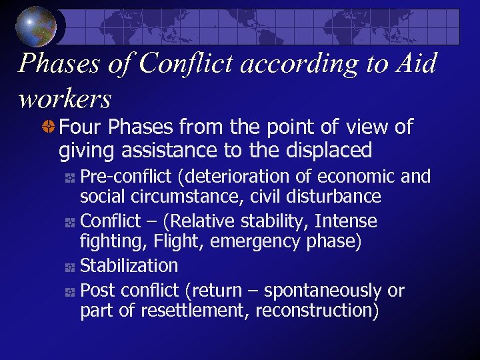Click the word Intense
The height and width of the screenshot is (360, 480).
[x=346, y=221]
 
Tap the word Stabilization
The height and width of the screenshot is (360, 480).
[x=129, y=265]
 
